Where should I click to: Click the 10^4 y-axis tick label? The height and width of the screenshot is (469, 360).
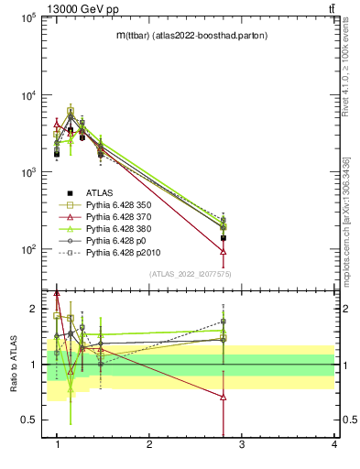(27, 95)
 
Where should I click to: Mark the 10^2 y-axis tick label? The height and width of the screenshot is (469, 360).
(27, 249)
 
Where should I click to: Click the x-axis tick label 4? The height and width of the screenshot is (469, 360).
(333, 444)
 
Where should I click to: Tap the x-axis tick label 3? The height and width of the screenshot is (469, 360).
(241, 444)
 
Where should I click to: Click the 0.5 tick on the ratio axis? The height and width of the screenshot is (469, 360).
(30, 420)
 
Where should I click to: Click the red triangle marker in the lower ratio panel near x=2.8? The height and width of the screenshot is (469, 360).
(224, 397)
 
